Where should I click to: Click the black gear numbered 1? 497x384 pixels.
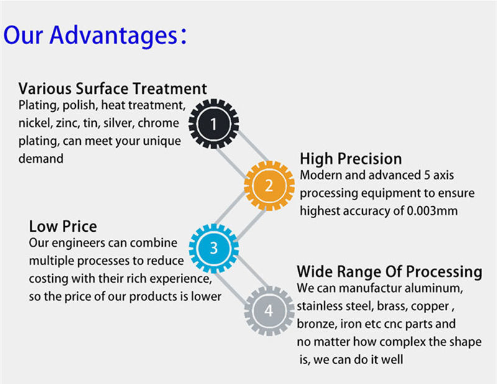[214, 124]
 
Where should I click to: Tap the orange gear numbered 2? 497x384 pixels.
[269, 186]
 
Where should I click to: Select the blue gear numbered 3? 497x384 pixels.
[214, 248]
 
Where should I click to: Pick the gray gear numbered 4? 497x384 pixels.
[269, 311]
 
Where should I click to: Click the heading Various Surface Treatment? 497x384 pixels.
[112, 88]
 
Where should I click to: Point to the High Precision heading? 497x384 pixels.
[350, 158]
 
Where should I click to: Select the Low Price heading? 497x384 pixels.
[63, 226]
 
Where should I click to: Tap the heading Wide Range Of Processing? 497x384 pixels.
[390, 272]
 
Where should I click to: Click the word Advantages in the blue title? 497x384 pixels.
[114, 35]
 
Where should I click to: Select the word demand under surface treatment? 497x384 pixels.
[41, 158]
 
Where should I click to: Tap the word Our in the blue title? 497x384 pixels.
[23, 35]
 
